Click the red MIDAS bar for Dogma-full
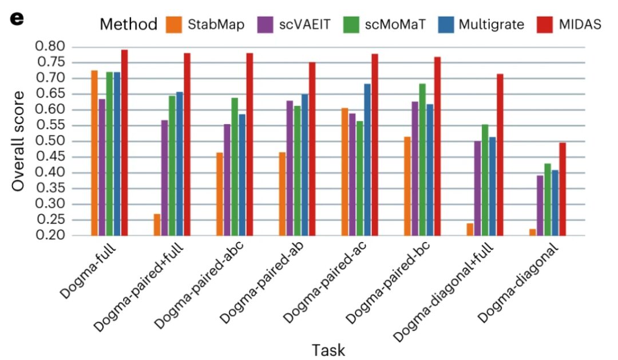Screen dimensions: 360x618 pos(124,143)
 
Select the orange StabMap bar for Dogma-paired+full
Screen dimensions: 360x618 pos(157,224)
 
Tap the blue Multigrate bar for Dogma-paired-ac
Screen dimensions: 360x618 pos(367,160)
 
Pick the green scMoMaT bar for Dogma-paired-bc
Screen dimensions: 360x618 pos(422,160)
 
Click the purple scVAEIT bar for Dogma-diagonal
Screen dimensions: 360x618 pos(540,205)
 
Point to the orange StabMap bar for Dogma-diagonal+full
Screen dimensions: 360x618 pos(470,230)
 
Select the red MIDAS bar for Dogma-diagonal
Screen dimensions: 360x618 pos(562,189)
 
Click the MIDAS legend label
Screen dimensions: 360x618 pos(579,25)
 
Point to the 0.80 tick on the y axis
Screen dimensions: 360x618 pos(50,46)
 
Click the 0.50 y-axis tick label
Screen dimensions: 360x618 pos(50,141)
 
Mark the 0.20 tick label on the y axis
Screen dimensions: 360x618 pos(50,236)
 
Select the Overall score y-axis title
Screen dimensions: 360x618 pos(18,141)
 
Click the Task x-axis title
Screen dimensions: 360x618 pos(328,350)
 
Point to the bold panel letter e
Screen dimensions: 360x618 pos(17,19)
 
